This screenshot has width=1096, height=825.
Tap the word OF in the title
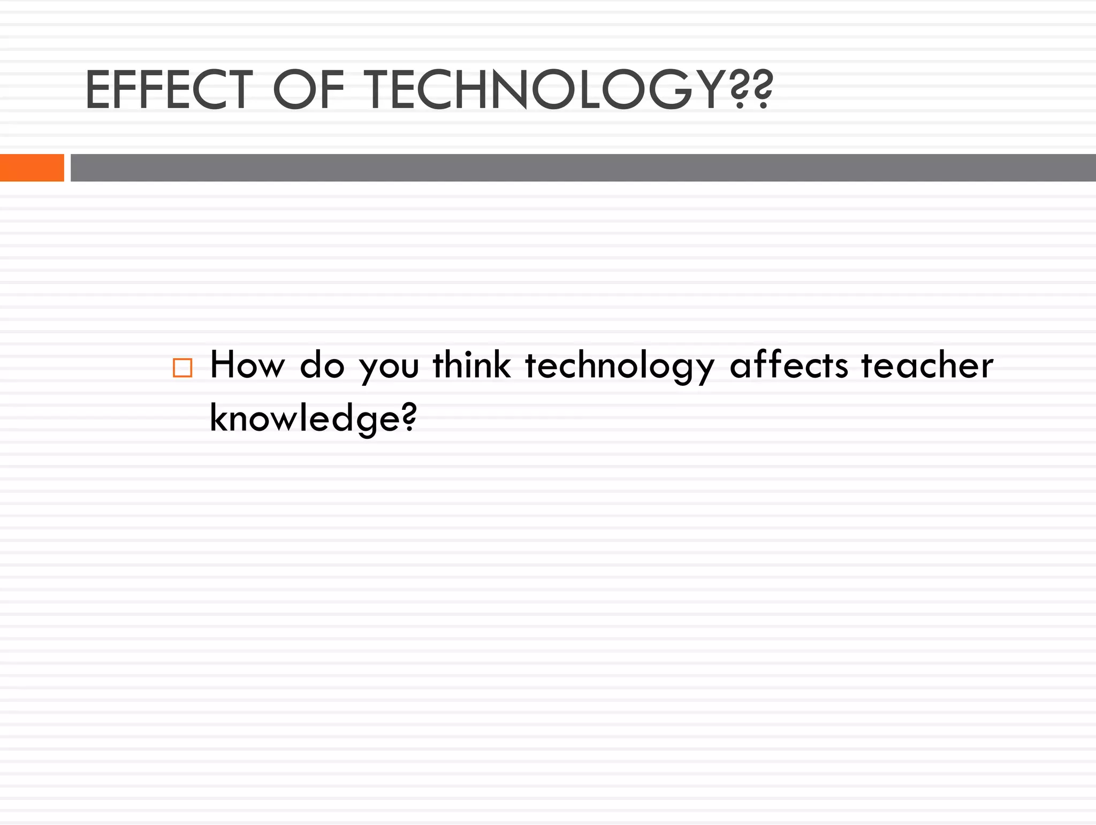(x=309, y=90)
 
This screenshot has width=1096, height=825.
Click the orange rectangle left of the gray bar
(x=32, y=167)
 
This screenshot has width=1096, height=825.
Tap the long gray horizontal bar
(x=583, y=167)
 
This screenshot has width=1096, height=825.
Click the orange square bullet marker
(x=182, y=368)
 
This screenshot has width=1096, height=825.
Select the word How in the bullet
(x=247, y=365)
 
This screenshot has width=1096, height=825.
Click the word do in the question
(x=322, y=365)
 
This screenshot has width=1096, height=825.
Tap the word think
(x=471, y=365)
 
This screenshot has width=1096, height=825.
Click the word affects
(x=789, y=365)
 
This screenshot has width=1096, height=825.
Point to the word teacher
(x=927, y=365)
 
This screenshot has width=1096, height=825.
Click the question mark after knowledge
(x=409, y=416)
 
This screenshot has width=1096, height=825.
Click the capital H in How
(x=223, y=365)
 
